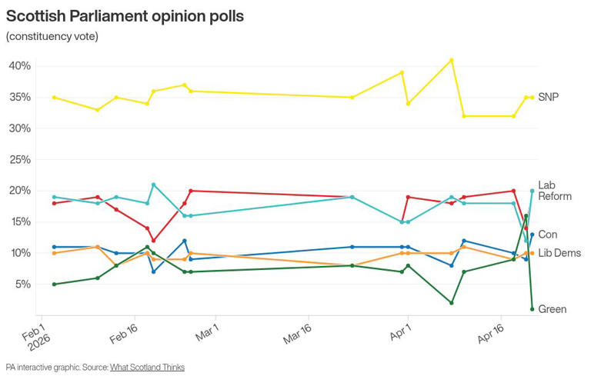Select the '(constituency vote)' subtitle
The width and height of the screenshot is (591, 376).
[52, 36]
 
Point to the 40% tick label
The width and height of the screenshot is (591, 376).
[19, 66]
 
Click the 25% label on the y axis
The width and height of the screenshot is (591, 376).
[19, 160]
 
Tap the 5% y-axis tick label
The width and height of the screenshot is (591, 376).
[22, 284]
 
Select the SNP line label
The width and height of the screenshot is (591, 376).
[548, 98]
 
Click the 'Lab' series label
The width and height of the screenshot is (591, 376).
[546, 185]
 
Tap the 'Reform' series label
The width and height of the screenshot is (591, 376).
[554, 197]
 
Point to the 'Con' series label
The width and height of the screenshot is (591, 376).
[547, 235]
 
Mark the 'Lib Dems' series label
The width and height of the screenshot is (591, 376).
[559, 253]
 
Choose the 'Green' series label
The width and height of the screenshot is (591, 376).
[553, 309]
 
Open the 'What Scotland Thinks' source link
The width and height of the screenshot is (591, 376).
[147, 368]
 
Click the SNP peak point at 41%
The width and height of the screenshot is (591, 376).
[452, 60]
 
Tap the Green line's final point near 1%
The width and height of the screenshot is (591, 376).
[532, 309]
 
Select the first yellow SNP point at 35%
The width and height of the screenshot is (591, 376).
[54, 98]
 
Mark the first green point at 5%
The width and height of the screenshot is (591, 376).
[54, 284]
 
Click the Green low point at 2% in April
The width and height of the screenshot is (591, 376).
[452, 303]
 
